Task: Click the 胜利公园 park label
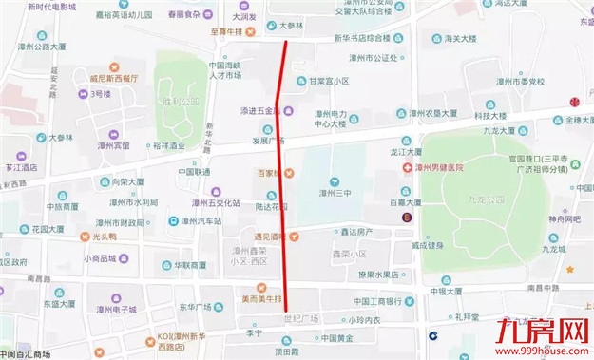click(181, 99)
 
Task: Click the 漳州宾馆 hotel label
click(113, 146)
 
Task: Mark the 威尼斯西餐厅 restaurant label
click(113, 78)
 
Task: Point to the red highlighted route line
click(281, 190)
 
